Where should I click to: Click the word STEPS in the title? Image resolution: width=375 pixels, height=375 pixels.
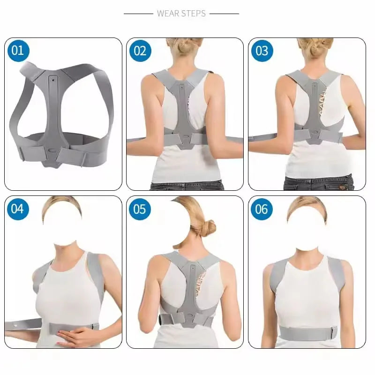click(x=193, y=14)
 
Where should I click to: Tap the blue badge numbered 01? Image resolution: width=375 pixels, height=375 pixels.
click(x=18, y=51)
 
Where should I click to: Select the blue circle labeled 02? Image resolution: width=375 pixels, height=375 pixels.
click(x=140, y=51)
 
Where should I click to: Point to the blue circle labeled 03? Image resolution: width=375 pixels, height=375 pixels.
click(x=262, y=51)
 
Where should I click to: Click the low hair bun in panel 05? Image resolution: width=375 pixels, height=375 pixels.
click(x=207, y=228)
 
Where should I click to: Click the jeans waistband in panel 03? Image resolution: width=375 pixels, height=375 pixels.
click(x=319, y=180)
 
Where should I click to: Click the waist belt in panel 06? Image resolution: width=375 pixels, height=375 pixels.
click(x=307, y=333)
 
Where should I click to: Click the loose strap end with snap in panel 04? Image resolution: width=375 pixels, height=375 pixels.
click(x=21, y=324)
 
